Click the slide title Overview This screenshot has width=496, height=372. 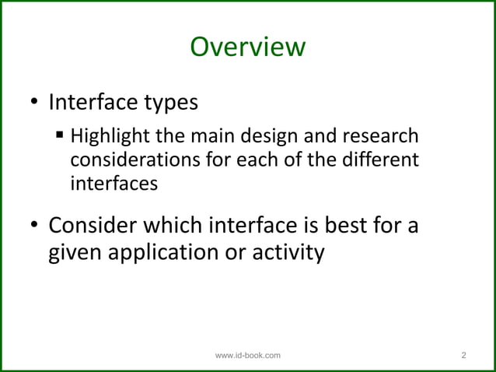tap(248, 47)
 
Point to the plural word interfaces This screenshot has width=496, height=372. tap(114, 185)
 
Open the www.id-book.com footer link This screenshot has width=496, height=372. tap(248, 356)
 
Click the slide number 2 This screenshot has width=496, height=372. tap(464, 356)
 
